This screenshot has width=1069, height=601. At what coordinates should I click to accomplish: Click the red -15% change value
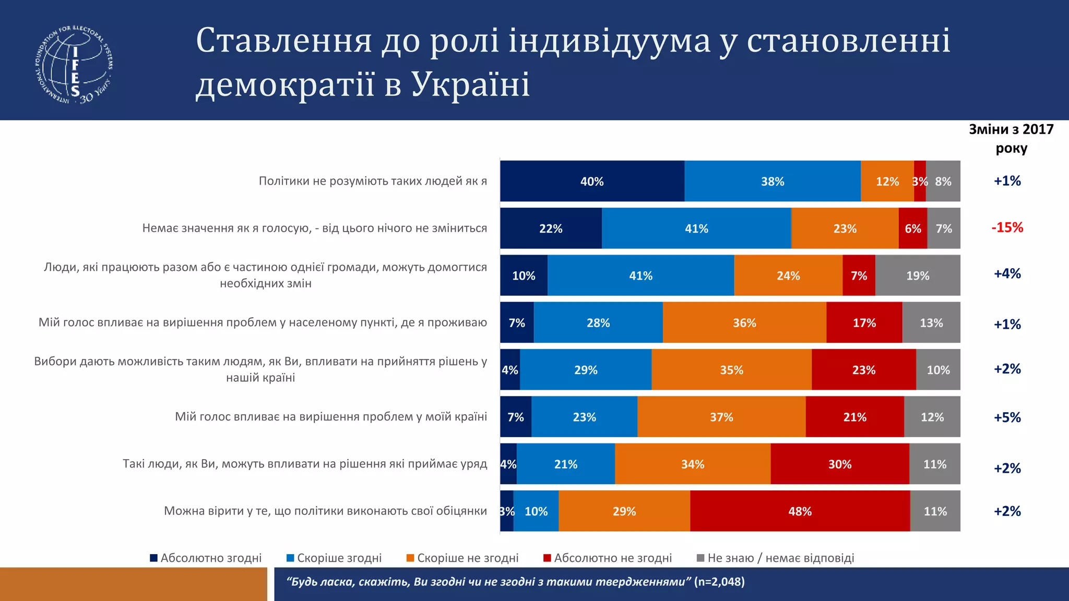pos(1007,227)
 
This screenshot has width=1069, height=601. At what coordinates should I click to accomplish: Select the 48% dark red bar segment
pos(800,511)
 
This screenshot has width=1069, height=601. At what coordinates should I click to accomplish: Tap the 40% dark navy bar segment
pos(592,181)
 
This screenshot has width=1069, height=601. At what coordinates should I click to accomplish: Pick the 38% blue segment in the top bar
pos(772,181)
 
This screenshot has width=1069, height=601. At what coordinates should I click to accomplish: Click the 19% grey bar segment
pos(917,275)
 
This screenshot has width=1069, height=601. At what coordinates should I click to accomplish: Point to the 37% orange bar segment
pos(721,417)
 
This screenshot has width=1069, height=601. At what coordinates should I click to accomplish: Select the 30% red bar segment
pos(839,464)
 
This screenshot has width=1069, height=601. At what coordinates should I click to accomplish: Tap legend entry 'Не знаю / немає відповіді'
pos(776,558)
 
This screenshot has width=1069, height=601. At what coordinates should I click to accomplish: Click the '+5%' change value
pos(1007,417)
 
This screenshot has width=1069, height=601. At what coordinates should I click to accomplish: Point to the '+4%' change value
pos(1007,274)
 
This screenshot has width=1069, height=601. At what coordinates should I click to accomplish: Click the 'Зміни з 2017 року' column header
pos(1011,138)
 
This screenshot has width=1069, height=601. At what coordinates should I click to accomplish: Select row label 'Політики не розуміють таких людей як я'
pos(373,181)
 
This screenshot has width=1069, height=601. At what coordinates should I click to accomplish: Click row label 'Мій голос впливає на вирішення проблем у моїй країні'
pos(331,416)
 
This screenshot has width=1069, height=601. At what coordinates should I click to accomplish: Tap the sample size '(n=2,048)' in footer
pos(719,581)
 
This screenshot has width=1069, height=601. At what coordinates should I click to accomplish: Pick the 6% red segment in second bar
pos(912,229)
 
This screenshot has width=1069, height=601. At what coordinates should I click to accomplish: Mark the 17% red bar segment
pos(864,322)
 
